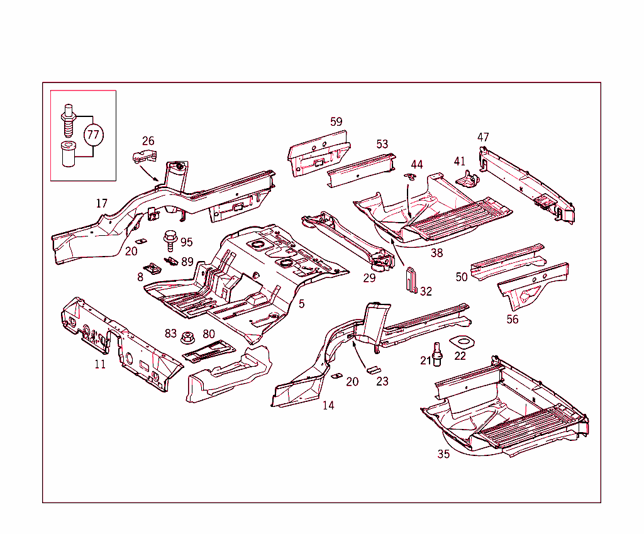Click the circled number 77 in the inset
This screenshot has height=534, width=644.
coord(93,135)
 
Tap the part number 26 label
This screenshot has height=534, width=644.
coord(148,141)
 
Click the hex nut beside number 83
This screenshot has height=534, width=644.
coord(187,337)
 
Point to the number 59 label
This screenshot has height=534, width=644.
coord(336,121)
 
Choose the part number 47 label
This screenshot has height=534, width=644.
coord(483,137)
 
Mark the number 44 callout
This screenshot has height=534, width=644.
coord(417,165)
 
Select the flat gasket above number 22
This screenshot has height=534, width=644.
coord(461,342)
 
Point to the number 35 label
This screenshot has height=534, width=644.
coord(443,454)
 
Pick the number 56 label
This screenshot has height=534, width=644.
coord(513,320)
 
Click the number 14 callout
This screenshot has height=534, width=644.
coord(328,405)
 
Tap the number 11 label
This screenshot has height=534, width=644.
coord(100,364)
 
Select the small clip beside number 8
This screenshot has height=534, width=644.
coord(152,269)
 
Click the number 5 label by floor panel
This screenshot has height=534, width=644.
coord(302,304)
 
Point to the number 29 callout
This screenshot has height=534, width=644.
coord(369,277)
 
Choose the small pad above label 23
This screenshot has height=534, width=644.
coord(374,369)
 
